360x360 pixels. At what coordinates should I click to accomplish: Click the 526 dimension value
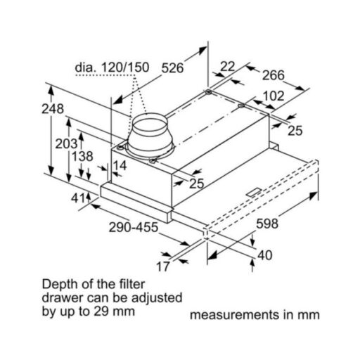172,68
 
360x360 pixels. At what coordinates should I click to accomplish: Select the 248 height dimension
53,109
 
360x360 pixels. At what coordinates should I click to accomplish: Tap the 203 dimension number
66,143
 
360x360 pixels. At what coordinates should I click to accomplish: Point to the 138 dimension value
82,156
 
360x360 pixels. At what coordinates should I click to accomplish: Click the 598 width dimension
267,224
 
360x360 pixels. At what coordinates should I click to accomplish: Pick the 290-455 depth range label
134,227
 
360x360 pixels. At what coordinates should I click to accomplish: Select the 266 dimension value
273,75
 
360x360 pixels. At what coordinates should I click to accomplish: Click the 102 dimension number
274,96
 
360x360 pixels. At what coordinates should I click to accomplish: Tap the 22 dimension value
228,66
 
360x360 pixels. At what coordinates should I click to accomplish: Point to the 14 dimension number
120,165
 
